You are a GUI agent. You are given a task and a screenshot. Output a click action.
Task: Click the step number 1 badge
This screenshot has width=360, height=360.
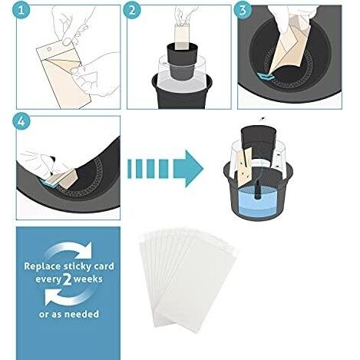click(x=21, y=10)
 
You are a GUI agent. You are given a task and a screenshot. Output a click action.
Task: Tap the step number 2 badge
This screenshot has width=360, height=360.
click(x=132, y=10)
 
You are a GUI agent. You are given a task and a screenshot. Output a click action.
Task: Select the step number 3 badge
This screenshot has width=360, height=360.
click(x=242, y=10)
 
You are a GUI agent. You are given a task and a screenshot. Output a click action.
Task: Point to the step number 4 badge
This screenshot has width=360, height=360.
click(x=21, y=121)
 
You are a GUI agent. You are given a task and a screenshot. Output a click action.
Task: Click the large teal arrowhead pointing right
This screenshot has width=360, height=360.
click(x=188, y=169)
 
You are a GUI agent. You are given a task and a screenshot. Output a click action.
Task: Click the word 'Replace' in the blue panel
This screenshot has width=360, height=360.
click(x=42, y=266)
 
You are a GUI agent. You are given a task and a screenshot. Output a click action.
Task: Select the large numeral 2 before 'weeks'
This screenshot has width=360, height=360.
click(x=67, y=279)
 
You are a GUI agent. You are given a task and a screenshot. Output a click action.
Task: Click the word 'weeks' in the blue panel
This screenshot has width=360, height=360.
click(x=88, y=279)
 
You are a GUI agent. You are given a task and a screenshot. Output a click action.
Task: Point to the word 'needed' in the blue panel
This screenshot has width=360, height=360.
click(x=84, y=314)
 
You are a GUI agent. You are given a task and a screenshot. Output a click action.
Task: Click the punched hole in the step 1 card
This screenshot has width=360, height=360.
click(x=49, y=49)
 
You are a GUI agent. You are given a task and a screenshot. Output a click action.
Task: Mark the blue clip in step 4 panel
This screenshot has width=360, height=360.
click(x=48, y=182)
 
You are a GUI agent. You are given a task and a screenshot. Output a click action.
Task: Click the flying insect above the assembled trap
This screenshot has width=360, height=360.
click(x=262, y=118)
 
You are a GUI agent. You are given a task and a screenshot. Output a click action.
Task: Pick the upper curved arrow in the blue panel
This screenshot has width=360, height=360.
click(x=69, y=250)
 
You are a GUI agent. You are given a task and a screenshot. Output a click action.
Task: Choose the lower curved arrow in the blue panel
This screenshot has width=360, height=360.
click(x=67, y=296)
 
